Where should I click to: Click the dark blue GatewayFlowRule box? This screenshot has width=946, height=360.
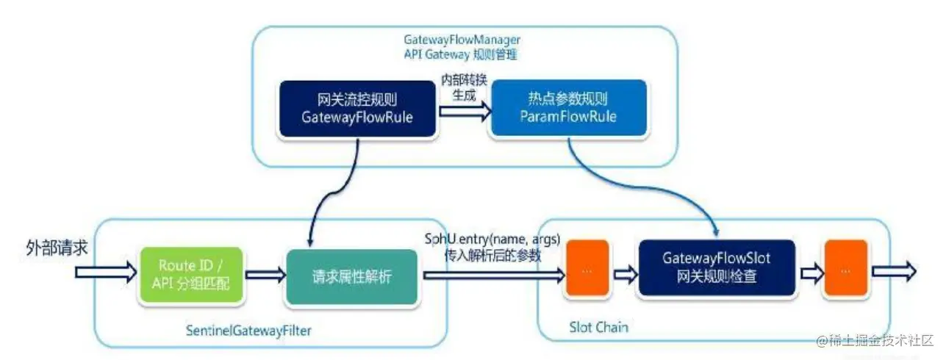(357, 109)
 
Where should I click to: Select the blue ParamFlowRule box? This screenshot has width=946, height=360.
(569, 109)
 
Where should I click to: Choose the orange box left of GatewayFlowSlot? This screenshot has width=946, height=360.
(587, 269)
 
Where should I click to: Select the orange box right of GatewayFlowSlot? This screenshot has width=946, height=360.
(844, 269)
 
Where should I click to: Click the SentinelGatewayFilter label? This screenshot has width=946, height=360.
(249, 331)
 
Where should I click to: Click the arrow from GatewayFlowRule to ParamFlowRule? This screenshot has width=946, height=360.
(463, 112)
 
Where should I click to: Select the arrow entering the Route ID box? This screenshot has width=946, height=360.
(106, 273)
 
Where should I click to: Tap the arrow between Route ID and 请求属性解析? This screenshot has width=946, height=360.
(265, 275)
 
